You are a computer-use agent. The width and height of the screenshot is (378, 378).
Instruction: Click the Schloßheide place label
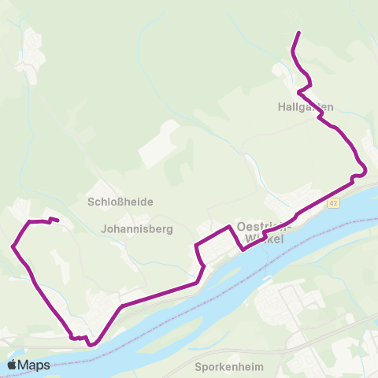pyautogui.click(x=120, y=202)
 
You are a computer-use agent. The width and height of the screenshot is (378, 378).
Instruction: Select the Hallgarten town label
pyautogui.click(x=306, y=106)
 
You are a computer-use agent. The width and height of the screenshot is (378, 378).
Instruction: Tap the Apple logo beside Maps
pyautogui.click(x=13, y=365)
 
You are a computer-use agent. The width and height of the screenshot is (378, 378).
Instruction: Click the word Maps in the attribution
pyautogui.click(x=35, y=365)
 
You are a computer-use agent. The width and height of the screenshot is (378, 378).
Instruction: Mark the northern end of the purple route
pyautogui.click(x=298, y=32)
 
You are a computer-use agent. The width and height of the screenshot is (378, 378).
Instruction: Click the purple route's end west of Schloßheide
pyautogui.click(x=57, y=220)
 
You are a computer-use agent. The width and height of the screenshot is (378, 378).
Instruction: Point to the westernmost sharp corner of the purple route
pyautogui.click(x=13, y=246)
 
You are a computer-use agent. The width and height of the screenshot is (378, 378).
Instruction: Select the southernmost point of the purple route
pyautogui.click(x=91, y=344)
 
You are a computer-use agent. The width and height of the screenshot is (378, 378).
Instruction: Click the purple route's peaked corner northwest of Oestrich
pyautogui.click(x=230, y=227)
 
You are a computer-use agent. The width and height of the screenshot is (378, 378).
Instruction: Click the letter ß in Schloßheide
pyautogui.click(x=118, y=202)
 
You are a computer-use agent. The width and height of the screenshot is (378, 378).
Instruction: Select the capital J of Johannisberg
pyautogui.click(x=105, y=230)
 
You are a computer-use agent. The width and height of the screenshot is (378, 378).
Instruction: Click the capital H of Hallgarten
pyautogui.click(x=282, y=106)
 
